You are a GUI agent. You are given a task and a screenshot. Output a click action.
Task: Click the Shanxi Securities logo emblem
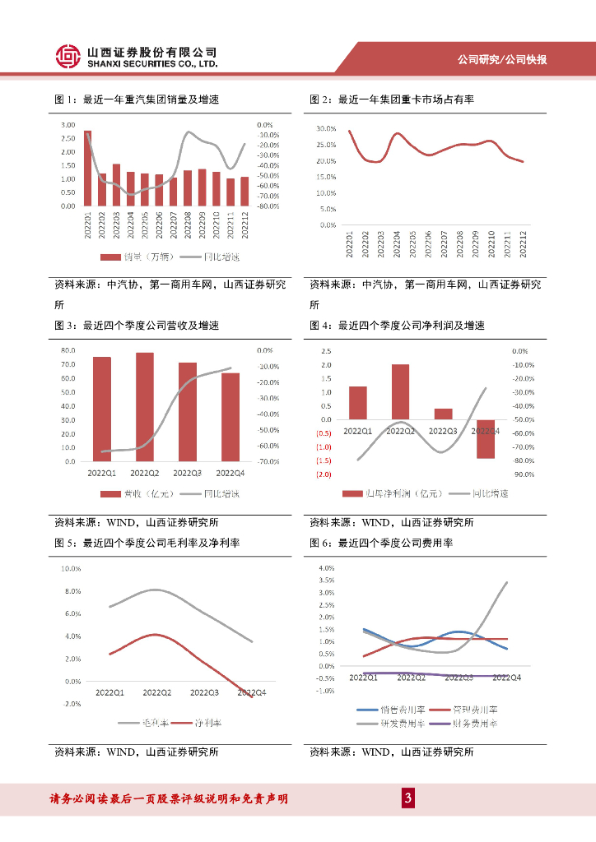[68, 56]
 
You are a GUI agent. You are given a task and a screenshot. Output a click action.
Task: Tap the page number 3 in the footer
[406, 798]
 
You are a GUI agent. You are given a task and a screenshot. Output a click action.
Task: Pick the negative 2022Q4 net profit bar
[486, 438]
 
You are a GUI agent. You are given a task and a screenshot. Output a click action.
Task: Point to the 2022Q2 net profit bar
[400, 391]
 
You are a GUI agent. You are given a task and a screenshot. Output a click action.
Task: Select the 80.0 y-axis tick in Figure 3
[68, 351]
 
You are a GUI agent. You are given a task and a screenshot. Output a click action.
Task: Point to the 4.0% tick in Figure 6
[324, 568]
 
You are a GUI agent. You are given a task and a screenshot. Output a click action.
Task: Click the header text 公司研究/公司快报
[514, 59]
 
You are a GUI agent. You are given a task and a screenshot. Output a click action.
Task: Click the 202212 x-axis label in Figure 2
[524, 242]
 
